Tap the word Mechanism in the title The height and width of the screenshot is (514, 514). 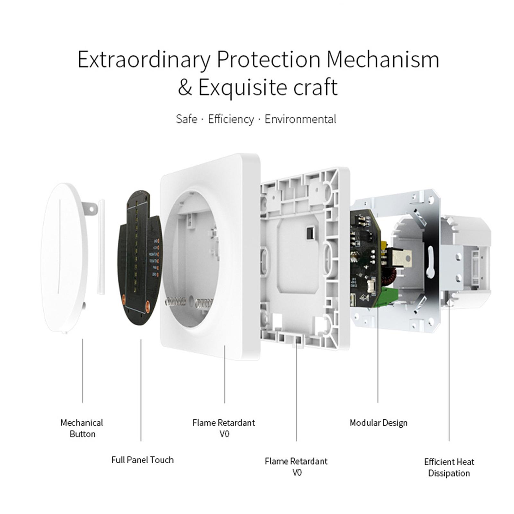[x=382, y=60]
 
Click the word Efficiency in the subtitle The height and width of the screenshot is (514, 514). [x=231, y=119]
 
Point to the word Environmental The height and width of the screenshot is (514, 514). [x=300, y=119]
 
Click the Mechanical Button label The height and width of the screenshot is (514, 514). [x=82, y=428]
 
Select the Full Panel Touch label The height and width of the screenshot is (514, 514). [x=142, y=460]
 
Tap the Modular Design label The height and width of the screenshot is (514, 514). [x=378, y=423]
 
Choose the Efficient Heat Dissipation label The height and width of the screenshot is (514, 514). [x=449, y=467]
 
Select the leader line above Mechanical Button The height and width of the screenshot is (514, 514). [x=83, y=371]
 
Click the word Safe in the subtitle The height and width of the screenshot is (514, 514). [x=186, y=119]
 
